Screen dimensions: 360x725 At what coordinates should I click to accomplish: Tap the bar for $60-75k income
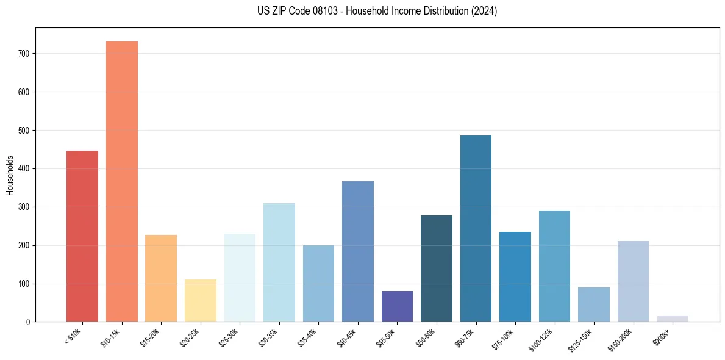[476, 229]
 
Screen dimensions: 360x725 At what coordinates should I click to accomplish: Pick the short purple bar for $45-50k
[397, 306]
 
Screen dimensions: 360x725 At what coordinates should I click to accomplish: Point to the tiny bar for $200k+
[672, 319]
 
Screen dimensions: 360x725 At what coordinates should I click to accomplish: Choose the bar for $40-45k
[358, 251]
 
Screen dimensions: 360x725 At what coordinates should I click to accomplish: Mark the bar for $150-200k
[633, 281]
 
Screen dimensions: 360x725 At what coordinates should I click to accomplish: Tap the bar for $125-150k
[594, 304]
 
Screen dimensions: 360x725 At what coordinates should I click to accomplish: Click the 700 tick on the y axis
[24, 54]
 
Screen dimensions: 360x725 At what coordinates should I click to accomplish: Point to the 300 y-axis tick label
[24, 207]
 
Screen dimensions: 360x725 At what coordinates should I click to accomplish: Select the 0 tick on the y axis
[28, 322]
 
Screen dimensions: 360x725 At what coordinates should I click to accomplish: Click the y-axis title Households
[10, 175]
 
